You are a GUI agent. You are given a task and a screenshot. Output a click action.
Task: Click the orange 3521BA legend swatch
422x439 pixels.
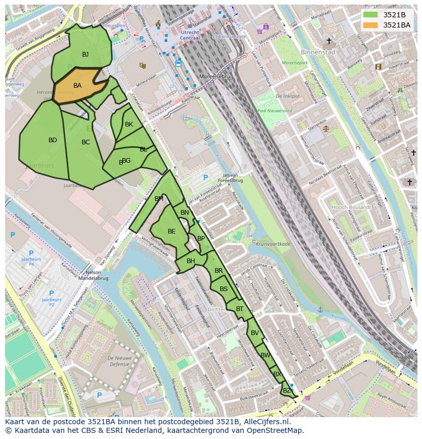click(x=371, y=25)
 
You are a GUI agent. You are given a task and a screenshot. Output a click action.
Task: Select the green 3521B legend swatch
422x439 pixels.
click(x=371, y=15)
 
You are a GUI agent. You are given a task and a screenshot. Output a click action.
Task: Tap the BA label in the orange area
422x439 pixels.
click(x=77, y=86)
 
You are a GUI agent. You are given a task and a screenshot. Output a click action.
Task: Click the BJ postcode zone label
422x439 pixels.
click(x=86, y=55)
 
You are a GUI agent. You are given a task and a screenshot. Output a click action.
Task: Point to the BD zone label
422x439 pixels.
click(x=52, y=140)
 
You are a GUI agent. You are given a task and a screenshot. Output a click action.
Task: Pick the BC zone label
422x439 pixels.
click(x=86, y=142)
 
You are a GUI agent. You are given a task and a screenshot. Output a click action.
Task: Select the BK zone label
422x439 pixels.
click(x=129, y=124)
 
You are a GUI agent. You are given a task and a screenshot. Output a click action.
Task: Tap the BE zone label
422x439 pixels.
click(x=172, y=231)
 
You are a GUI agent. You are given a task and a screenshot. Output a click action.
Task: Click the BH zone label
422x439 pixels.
click(x=191, y=261)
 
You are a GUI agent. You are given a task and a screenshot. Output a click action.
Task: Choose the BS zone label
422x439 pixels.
click(x=224, y=289)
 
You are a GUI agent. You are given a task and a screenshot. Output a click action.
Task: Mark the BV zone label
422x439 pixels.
click(x=255, y=333)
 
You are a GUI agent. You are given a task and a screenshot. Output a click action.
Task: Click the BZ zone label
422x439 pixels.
click(x=287, y=391)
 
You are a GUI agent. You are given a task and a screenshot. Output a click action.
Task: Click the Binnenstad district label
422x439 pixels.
click(x=318, y=52)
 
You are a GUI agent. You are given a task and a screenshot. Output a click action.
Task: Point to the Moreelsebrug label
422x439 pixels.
click(x=216, y=76)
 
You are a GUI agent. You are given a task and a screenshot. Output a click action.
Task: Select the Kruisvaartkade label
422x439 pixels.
click(x=274, y=244)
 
